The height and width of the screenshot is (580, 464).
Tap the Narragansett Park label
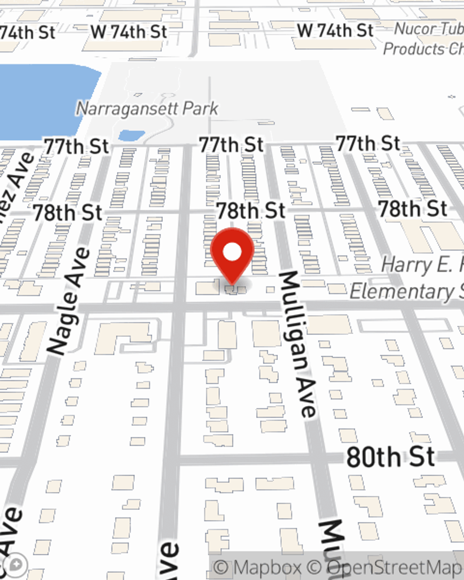(147, 109)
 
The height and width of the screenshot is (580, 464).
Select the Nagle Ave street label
(69, 302)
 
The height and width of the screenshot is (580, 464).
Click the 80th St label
(390, 457)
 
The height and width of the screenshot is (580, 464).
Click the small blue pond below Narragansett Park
(131, 135)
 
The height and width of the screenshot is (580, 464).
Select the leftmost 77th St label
(77, 147)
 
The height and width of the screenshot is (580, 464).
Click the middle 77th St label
(231, 145)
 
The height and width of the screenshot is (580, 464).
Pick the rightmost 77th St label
(368, 143)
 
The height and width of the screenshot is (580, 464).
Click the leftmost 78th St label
(68, 213)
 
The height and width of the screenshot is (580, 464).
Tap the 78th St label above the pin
(251, 211)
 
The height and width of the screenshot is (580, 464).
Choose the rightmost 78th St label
(412, 209)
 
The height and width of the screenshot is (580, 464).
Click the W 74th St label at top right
(335, 31)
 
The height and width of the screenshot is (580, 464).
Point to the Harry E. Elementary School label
(408, 278)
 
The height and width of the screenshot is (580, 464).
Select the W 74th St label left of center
(129, 32)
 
